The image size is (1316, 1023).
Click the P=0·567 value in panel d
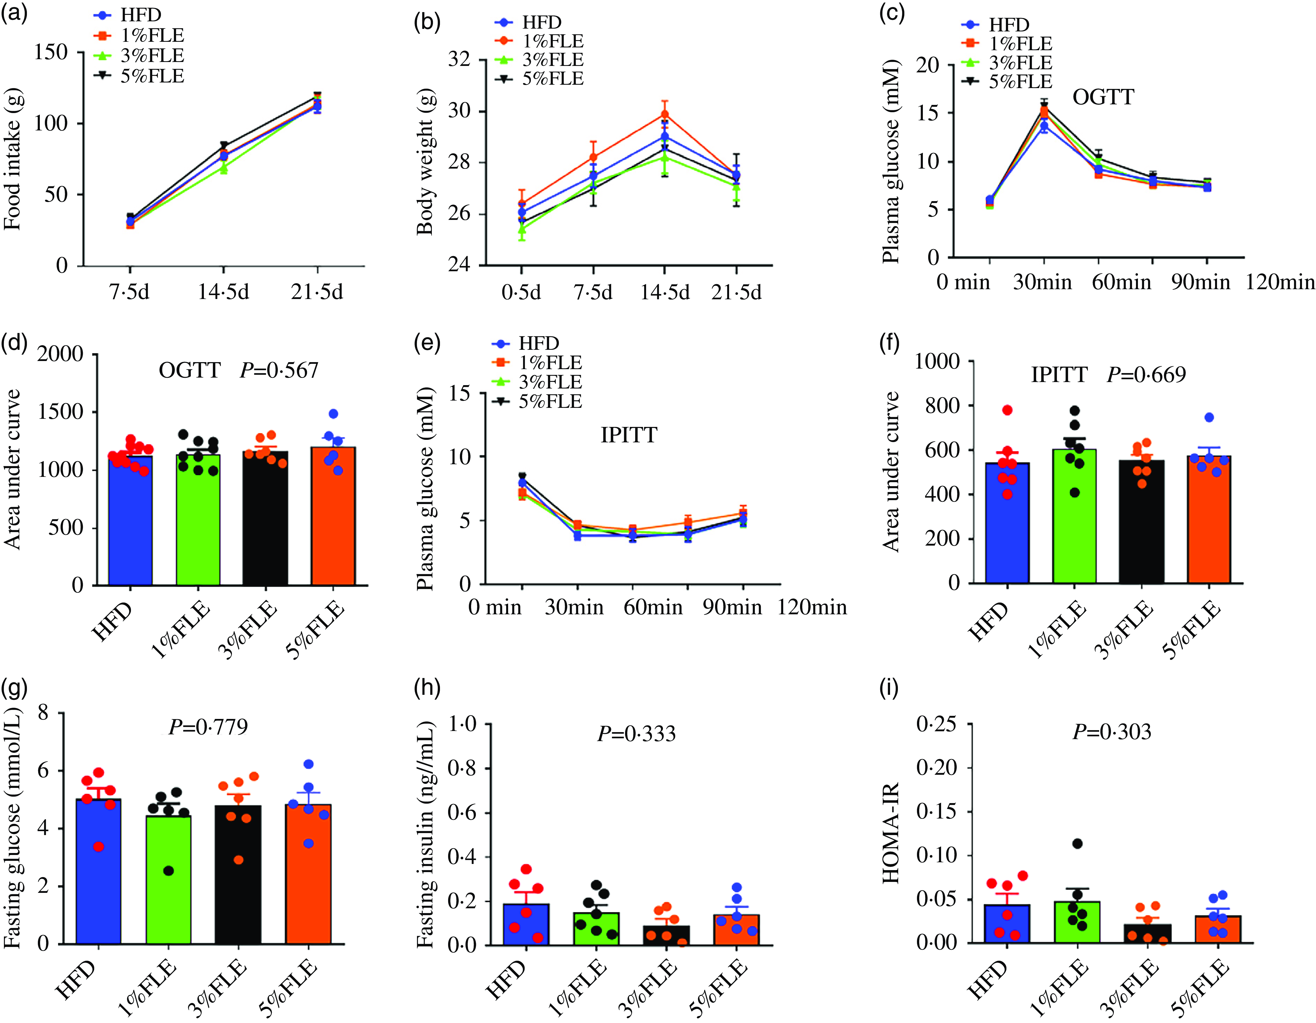coord(279,370)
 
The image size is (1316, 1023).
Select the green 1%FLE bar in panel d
coord(198,520)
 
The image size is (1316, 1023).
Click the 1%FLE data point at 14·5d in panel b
coord(665,114)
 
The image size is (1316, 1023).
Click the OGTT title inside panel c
coord(1103,97)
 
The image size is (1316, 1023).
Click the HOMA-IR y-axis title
coord(891,833)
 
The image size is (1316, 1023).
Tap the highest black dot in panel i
coord(1077,843)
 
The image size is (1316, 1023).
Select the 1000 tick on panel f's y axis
coord(937,361)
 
